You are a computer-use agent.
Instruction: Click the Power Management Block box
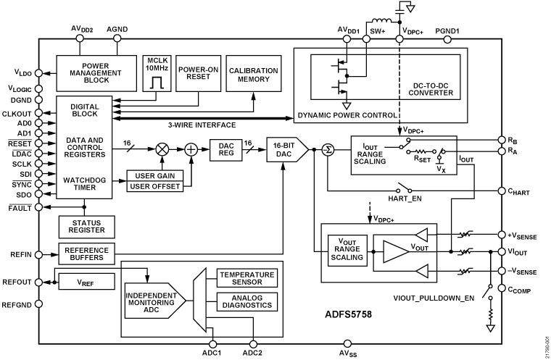tap(96, 70)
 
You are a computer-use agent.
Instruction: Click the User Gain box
tap(155, 176)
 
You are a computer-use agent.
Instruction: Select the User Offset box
tap(155, 188)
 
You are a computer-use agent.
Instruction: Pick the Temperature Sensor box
tap(246, 278)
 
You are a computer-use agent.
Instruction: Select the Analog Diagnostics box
tap(246, 300)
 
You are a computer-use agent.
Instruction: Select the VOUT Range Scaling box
tap(346, 254)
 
